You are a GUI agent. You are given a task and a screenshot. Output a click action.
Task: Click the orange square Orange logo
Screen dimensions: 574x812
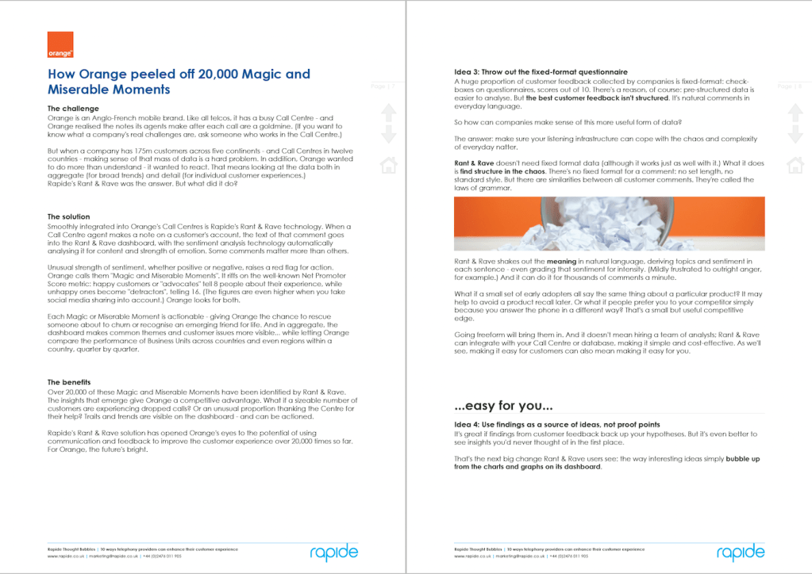(60, 44)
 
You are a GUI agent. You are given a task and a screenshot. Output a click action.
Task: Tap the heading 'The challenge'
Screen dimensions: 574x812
(73, 109)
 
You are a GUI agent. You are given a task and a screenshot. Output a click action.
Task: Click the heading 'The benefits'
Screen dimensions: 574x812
(72, 382)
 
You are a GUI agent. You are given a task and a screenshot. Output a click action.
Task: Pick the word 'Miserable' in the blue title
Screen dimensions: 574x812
(85, 90)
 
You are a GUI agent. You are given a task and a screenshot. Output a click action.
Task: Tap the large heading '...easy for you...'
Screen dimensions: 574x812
(503, 407)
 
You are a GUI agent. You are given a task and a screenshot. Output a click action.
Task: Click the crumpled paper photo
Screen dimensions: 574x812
(609, 224)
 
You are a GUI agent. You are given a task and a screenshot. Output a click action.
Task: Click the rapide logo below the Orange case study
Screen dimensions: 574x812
(333, 552)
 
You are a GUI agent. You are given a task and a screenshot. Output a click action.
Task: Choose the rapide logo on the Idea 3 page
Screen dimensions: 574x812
(740, 552)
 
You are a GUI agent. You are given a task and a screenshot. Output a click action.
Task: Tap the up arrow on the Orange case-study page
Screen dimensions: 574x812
(389, 112)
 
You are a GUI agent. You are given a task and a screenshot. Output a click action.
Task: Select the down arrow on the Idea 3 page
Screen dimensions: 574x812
(795, 134)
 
